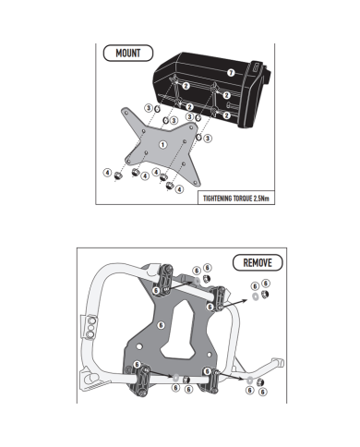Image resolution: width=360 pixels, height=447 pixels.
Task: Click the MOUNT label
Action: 128,54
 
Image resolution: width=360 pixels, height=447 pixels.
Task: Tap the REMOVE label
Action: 258,263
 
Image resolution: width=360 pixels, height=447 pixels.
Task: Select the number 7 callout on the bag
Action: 231,73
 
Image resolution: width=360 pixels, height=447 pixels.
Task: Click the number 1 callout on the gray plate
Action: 162,144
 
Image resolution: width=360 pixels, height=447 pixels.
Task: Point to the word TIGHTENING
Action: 217,199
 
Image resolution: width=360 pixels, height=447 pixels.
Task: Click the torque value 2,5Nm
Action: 261,199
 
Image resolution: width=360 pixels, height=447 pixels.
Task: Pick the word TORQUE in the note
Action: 243,199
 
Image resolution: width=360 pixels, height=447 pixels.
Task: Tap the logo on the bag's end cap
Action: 256,66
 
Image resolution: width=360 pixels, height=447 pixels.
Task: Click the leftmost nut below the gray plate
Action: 118,176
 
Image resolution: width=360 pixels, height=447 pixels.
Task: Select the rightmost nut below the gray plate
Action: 170,186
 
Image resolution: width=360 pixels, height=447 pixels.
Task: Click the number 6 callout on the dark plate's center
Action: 161,325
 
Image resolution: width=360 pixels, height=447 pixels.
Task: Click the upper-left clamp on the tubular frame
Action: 165,280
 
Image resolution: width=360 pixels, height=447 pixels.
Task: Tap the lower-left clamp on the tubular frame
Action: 140,380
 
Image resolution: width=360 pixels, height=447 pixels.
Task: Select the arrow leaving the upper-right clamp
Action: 234,303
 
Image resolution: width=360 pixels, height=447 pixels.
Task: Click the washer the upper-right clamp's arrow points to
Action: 255,296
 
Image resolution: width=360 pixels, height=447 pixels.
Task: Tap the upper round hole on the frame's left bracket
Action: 91,321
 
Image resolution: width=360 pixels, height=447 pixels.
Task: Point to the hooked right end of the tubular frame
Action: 277,362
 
